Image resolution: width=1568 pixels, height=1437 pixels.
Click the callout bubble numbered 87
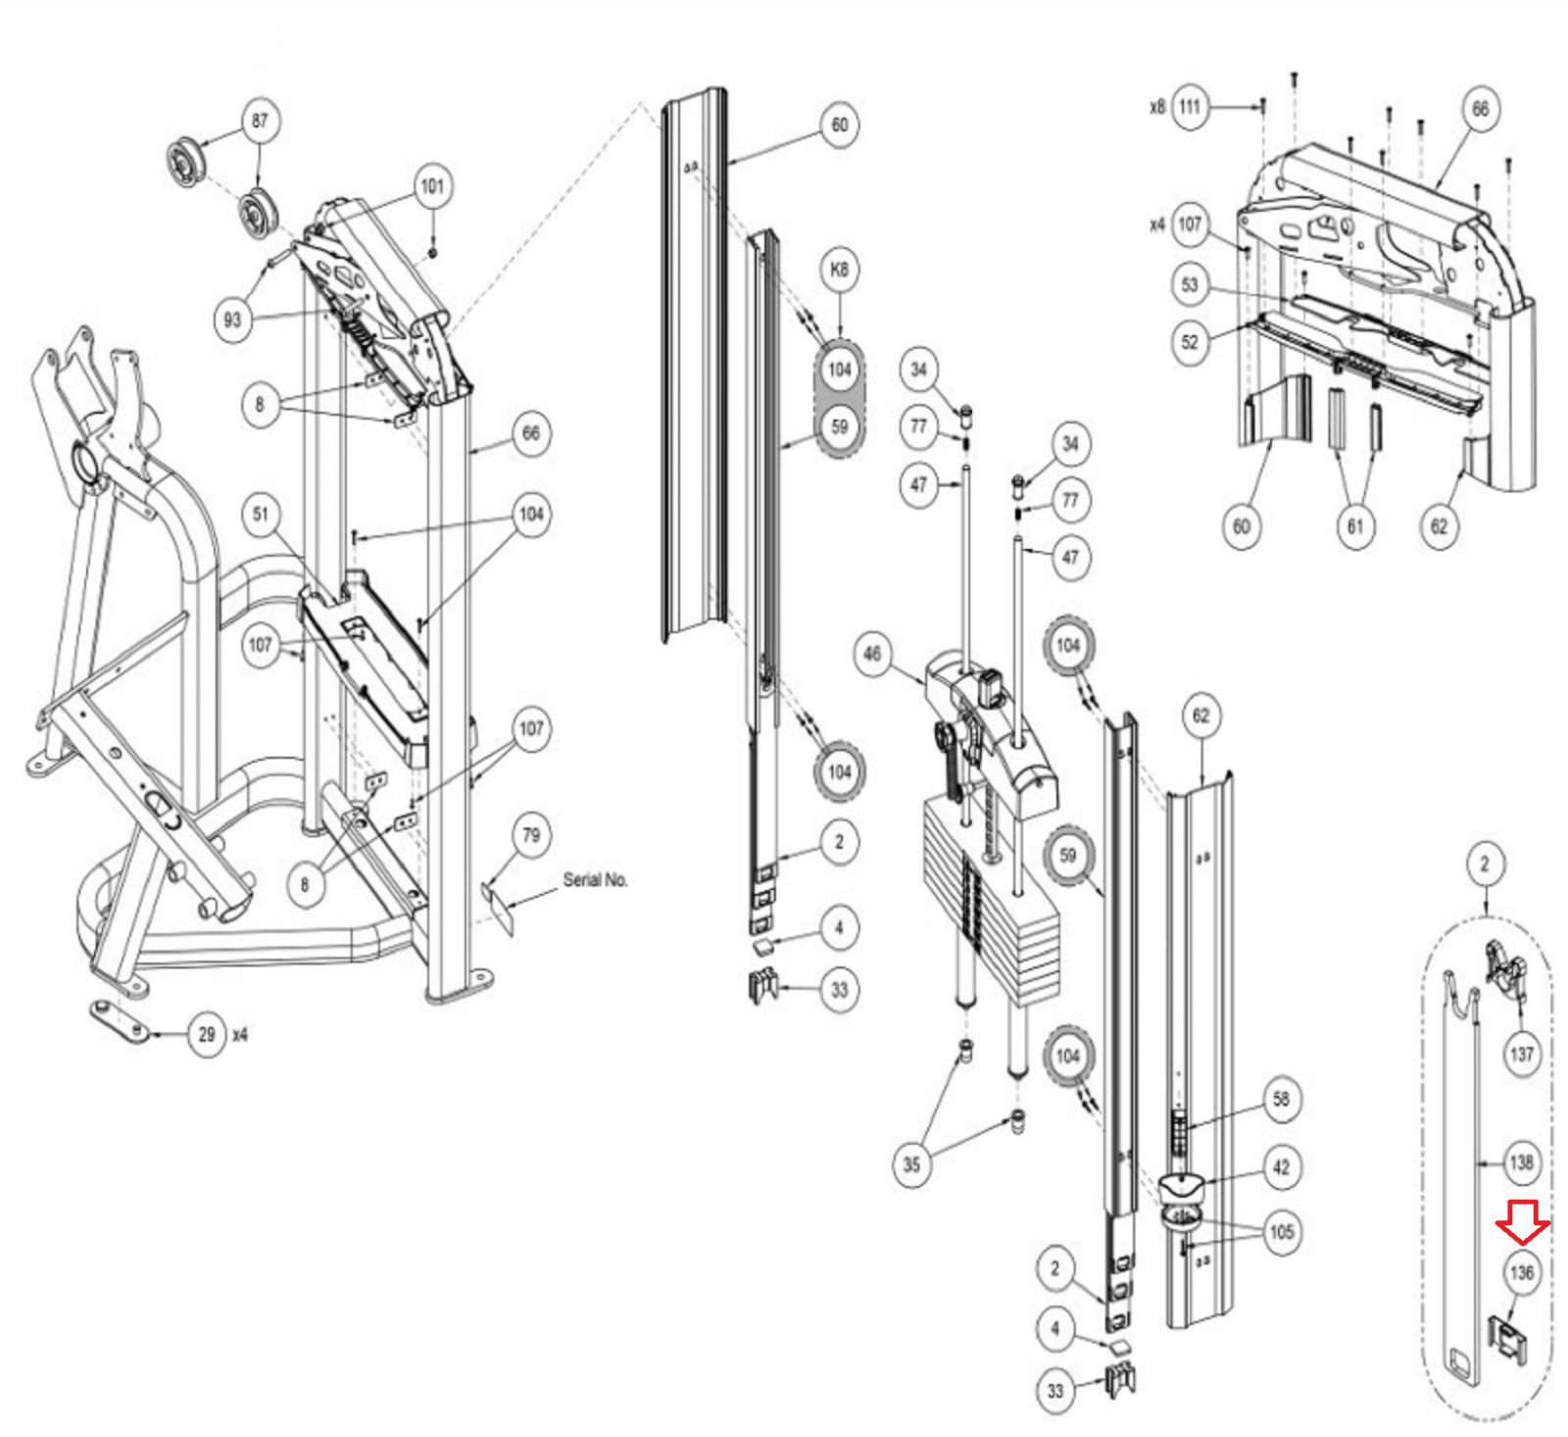coord(260,121)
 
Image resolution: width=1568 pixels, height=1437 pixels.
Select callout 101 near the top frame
coord(432,186)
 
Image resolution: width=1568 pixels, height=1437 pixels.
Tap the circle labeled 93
coord(232,320)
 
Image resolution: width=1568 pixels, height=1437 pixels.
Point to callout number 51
coord(261,514)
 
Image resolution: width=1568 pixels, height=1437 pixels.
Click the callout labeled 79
coord(531,835)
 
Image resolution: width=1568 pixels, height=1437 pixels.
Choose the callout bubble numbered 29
coord(207,1034)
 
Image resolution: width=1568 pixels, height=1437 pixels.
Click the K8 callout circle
coord(839,270)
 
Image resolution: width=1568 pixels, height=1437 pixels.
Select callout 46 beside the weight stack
coord(872,654)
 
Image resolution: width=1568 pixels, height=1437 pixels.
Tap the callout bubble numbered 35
coord(911,1164)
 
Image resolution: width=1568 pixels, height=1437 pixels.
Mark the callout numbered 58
coord(1281,1099)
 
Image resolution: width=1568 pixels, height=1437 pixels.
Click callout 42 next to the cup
coord(1281,1166)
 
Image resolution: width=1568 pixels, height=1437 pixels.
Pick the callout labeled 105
coord(1281,1231)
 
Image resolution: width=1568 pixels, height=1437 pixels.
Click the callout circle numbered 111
coord(1190,107)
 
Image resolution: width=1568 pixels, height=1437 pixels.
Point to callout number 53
coord(1190,284)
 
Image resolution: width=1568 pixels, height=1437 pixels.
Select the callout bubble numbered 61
coord(1355,526)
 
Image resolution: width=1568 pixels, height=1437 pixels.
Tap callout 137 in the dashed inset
coord(1522,1054)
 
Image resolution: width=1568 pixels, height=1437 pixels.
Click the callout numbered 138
coord(1522,1163)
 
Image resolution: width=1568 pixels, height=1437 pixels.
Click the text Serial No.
coord(596,879)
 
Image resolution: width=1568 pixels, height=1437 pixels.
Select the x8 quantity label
coord(1157,107)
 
